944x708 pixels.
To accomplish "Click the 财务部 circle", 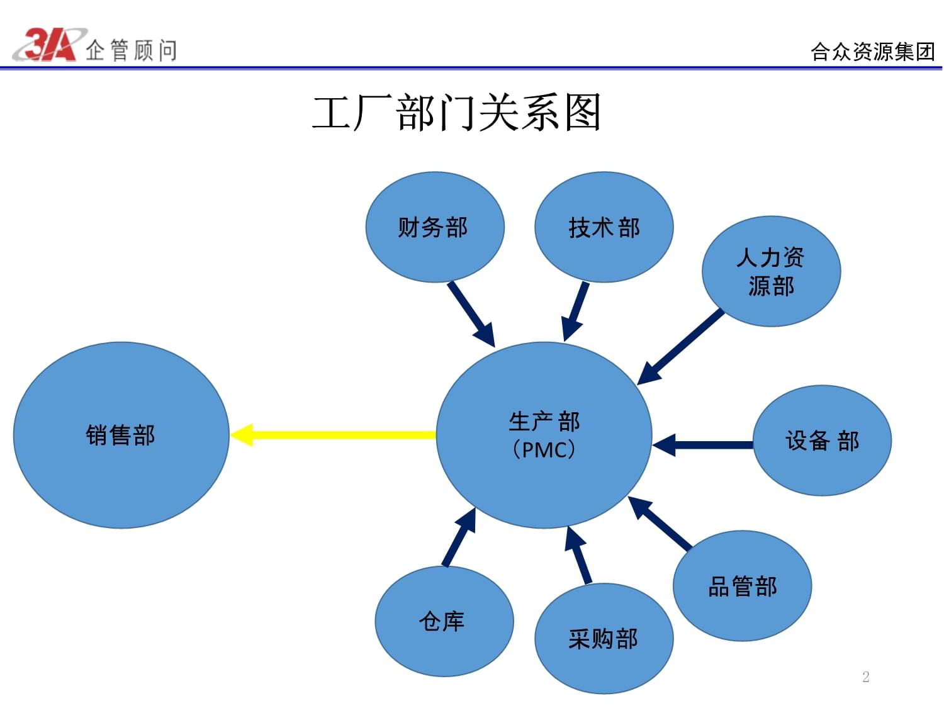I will [434, 227].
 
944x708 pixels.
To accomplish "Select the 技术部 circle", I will [604, 227].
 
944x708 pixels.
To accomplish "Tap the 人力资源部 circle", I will [771, 271].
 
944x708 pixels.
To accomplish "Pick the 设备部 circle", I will [822, 441].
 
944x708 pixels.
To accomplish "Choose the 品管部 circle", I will [742, 586].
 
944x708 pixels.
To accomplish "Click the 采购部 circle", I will [604, 639].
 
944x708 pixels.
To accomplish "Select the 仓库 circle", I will [444, 621].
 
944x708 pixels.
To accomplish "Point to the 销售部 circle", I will [121, 435].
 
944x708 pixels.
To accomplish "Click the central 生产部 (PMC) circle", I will [544, 435].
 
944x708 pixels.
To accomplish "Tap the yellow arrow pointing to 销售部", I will [334, 435].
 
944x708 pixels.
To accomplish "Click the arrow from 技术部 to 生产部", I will [576, 312].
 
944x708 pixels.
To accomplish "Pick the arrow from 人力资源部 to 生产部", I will [682, 346].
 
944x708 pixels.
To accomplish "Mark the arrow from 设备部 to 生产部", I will [704, 445].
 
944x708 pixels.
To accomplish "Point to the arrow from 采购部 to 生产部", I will [579, 554].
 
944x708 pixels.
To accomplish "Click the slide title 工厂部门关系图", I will [457, 113].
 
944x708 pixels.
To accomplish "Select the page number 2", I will [865, 677].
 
